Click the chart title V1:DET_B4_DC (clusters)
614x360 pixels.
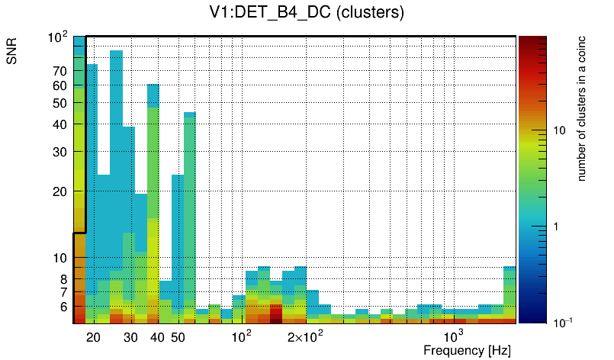point(307,13)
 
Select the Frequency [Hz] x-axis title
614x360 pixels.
point(467,350)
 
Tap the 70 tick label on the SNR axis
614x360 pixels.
point(60,71)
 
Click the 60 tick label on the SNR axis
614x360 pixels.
point(60,85)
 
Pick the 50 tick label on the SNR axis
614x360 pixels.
point(60,103)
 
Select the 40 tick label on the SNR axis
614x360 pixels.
point(60,124)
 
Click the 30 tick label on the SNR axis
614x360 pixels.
point(60,152)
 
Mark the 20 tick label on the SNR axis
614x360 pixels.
point(60,191)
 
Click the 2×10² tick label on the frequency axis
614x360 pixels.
point(306,337)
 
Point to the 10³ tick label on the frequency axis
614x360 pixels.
point(453,337)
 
